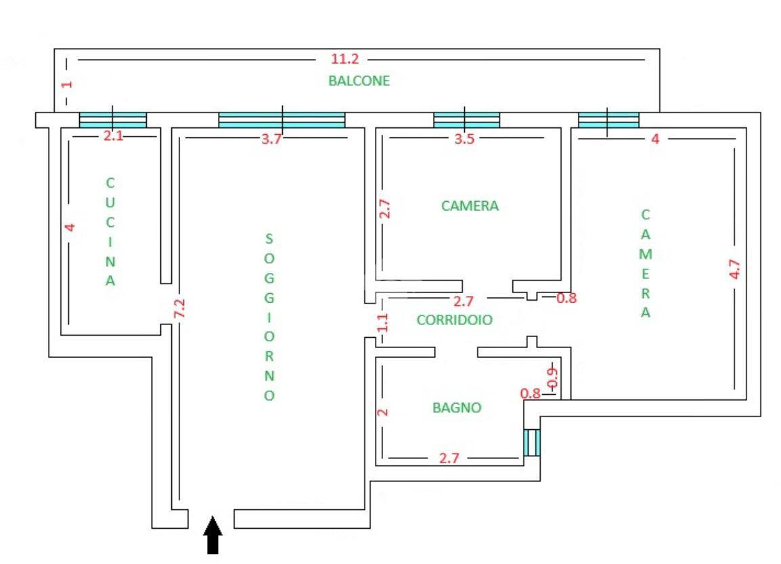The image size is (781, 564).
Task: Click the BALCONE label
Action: click(x=359, y=81)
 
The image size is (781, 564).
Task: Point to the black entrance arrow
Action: click(x=213, y=534)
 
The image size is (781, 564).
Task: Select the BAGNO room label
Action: click(x=457, y=408)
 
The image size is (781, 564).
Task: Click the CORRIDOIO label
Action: click(x=454, y=320)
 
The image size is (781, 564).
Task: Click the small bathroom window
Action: click(x=532, y=443)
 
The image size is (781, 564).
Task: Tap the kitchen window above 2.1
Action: click(x=113, y=120)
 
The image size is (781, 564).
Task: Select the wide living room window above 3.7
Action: click(x=282, y=120)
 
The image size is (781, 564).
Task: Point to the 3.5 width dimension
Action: click(x=464, y=139)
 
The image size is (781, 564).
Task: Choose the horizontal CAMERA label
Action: click(x=470, y=205)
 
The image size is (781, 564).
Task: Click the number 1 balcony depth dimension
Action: click(x=66, y=85)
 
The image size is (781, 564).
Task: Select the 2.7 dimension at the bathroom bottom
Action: click(x=449, y=458)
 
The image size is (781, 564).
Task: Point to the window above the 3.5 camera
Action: click(x=466, y=120)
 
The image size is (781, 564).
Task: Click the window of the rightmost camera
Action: click(x=608, y=120)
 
